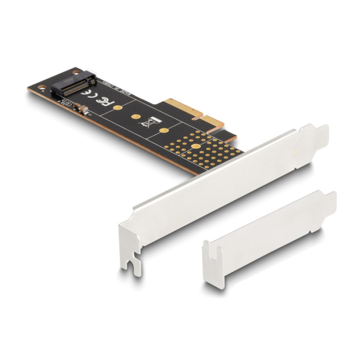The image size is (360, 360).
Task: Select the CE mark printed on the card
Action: pyautogui.click(x=89, y=93)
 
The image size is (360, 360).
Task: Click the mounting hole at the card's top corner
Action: pyautogui.click(x=75, y=72)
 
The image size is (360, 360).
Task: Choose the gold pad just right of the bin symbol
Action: pyautogui.click(x=165, y=131)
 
